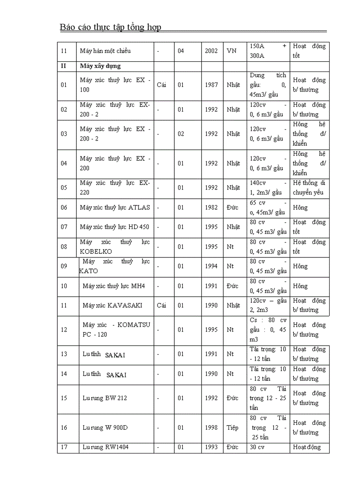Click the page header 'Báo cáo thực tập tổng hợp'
[x=110, y=27]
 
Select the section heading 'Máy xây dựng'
[x=100, y=66]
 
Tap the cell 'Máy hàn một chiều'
[x=105, y=51]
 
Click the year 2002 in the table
[x=211, y=51]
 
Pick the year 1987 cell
[x=211, y=85]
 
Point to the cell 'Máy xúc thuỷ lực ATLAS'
[x=115, y=207]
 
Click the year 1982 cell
[x=211, y=207]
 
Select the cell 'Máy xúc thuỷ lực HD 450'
[x=114, y=227]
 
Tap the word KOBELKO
[x=96, y=252]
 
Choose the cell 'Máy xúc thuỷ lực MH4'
[x=113, y=286]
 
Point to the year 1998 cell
[x=211, y=428]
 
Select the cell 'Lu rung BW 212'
[x=105, y=398]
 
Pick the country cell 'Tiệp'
[x=232, y=428]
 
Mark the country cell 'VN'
[x=231, y=51]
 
